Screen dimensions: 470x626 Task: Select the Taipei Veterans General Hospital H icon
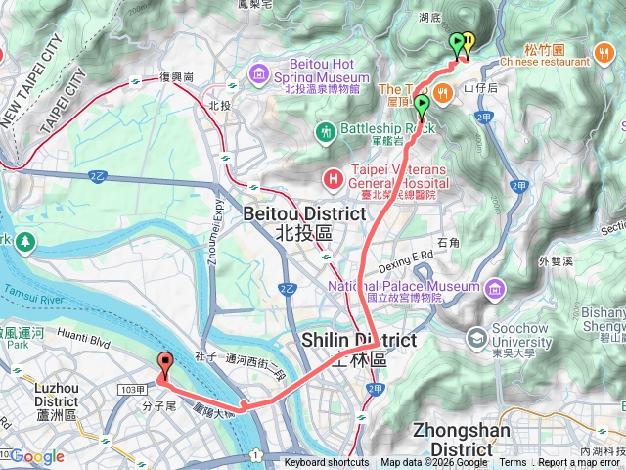coord(334,177)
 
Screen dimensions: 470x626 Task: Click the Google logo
coord(37,456)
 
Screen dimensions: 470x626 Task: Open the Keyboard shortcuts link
coord(327,463)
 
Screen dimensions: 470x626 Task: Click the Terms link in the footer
coord(513,463)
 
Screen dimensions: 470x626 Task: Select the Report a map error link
coord(579,463)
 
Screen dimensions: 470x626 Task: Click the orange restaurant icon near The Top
coord(443,92)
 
